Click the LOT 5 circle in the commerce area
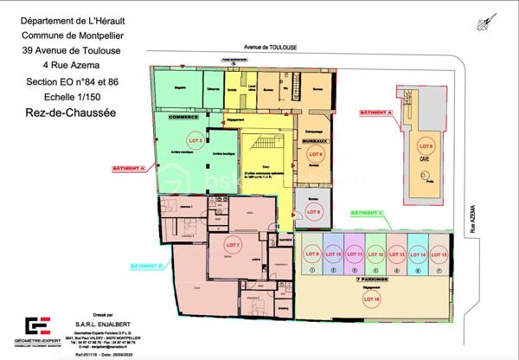click(x=196, y=139)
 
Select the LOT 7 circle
click(x=233, y=244)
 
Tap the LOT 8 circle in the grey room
click(x=316, y=211)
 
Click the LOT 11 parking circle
click(x=354, y=254)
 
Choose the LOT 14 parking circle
click(x=418, y=254)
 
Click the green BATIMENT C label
click(x=368, y=211)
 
